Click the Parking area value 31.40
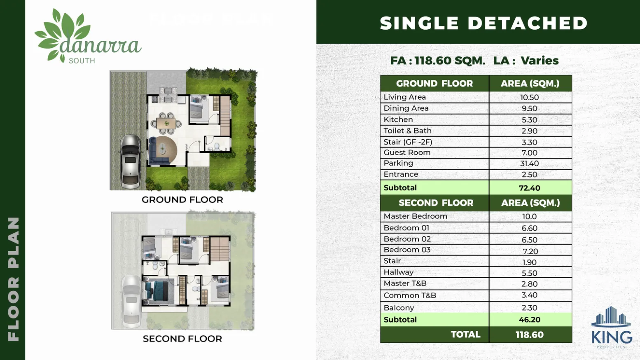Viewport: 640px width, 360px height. click(530, 164)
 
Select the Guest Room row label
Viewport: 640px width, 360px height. click(407, 152)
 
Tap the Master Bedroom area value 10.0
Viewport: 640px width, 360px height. click(530, 217)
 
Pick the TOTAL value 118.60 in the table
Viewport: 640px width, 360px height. click(530, 334)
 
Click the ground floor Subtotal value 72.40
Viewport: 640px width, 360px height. click(530, 188)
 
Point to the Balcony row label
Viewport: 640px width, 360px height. click(399, 308)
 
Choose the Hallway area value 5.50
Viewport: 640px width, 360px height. click(530, 273)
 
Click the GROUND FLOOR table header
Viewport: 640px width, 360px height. click(434, 84)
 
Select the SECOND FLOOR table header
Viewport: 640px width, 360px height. click(436, 203)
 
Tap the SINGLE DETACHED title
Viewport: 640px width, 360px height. click(484, 23)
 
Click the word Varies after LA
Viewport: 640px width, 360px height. click(540, 61)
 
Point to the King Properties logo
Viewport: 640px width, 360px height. click(612, 327)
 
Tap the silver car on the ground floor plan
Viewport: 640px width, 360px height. click(130, 161)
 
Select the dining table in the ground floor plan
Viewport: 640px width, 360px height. click(166, 124)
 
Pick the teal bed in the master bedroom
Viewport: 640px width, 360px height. click(158, 290)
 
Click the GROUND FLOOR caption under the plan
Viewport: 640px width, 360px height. click(182, 200)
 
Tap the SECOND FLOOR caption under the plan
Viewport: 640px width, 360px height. click(182, 339)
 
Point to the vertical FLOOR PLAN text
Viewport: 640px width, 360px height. click(14, 279)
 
